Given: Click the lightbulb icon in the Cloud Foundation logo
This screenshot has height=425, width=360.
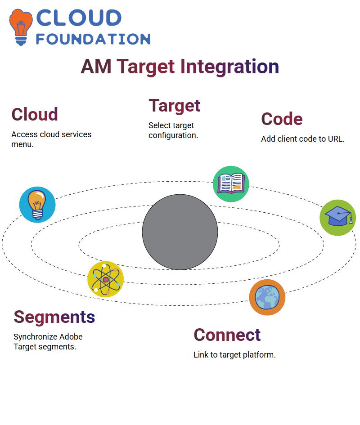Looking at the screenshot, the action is (x=21, y=27).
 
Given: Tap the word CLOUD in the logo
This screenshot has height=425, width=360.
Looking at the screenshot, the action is (x=79, y=18).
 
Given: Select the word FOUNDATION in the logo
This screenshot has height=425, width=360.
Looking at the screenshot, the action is (x=93, y=39).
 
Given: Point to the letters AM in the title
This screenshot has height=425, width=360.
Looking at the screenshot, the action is (x=96, y=67).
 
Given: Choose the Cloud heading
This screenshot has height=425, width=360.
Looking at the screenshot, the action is (x=35, y=114).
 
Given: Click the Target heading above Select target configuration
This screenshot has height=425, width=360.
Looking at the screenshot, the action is (x=175, y=106).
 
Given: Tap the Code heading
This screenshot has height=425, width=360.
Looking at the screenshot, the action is (x=282, y=119).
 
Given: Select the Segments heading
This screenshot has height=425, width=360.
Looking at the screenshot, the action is (x=54, y=317).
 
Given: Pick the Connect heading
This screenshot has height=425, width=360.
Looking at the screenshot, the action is (x=227, y=335).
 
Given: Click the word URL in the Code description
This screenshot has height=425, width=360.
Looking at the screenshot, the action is (x=336, y=139).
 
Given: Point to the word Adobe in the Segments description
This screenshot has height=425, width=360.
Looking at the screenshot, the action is (x=71, y=337).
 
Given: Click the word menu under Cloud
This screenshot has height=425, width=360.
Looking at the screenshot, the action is (x=22, y=144).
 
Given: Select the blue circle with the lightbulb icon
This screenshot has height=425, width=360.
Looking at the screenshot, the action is (x=37, y=205).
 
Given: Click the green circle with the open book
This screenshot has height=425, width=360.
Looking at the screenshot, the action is (x=231, y=184).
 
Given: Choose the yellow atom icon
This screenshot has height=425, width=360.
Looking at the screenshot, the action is (x=106, y=279).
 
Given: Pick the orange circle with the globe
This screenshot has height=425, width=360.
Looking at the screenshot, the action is (x=267, y=297).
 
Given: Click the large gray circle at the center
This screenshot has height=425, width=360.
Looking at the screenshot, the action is (x=180, y=232).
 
